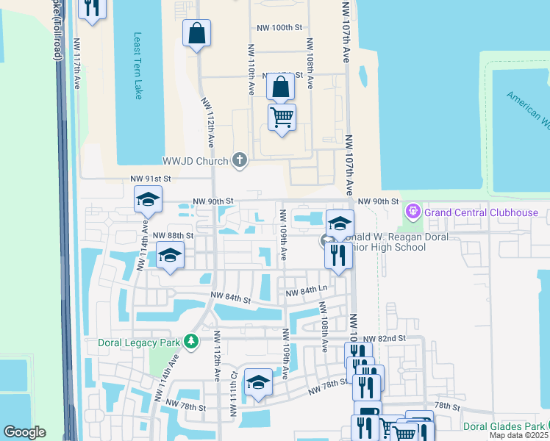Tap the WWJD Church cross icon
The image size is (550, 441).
(x=239, y=159)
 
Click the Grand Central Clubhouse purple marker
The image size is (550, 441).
(x=413, y=212)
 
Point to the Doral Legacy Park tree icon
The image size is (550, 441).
(x=191, y=342)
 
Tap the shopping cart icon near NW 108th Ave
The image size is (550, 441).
(x=282, y=117)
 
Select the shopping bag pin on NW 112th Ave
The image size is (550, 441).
(x=197, y=33)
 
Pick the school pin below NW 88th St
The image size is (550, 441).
(x=171, y=256)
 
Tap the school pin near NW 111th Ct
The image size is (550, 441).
(x=258, y=383)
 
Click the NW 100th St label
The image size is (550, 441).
(x=279, y=28)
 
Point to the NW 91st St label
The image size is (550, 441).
(x=150, y=179)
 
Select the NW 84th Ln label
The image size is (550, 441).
(x=305, y=292)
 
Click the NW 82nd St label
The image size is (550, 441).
(x=384, y=337)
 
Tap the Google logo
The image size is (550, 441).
(x=25, y=432)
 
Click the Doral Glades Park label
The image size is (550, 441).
(x=504, y=426)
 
